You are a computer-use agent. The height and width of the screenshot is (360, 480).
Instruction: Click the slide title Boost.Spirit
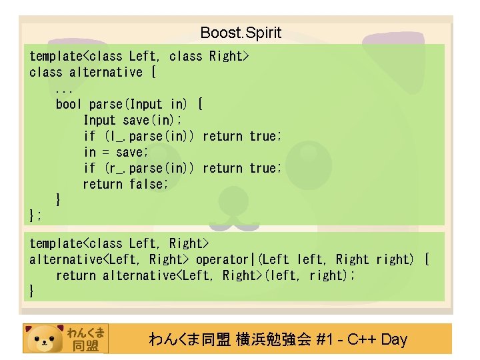[241, 33]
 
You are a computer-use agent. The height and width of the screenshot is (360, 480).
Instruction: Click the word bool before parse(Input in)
[69, 104]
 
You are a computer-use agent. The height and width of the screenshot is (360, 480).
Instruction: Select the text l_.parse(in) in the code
[149, 136]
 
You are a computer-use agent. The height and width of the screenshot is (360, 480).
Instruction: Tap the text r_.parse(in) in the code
[149, 168]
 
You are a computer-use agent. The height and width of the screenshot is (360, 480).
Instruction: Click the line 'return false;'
[126, 184]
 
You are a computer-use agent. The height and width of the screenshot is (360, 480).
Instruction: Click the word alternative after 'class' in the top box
[106, 72]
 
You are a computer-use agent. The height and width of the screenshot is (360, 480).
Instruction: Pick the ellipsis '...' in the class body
[64, 88]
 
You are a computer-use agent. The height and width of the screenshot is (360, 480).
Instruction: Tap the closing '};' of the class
[36, 215]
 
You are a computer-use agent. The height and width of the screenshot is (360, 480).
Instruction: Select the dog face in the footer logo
[44, 339]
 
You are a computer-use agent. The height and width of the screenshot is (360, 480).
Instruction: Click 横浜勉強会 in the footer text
[274, 339]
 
